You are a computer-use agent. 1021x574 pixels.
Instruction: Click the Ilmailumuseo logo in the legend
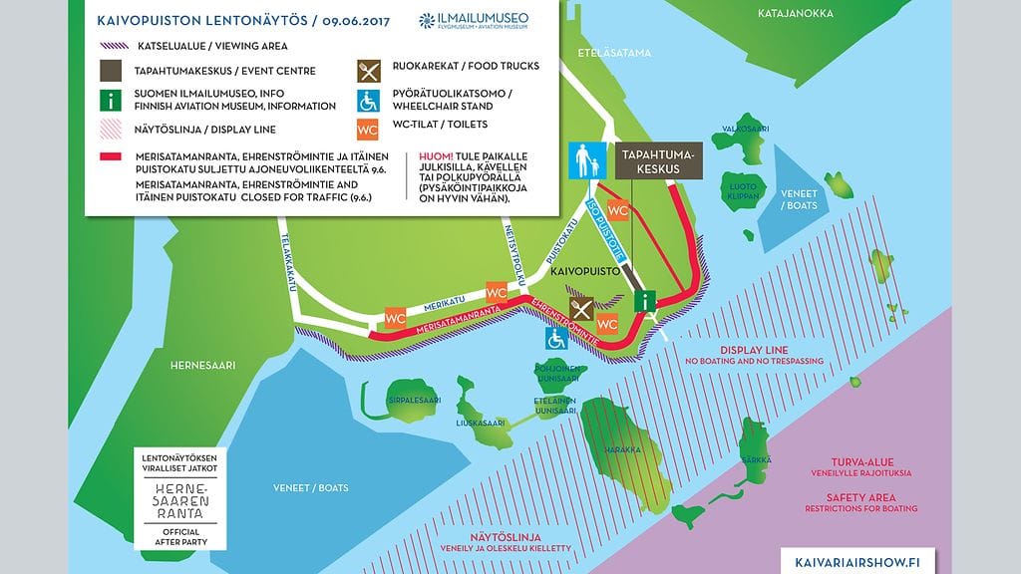[474, 21]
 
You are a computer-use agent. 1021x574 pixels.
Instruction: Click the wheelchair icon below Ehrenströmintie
[555, 339]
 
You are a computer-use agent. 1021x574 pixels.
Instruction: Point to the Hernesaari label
[201, 366]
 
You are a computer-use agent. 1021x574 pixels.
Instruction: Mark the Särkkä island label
[756, 460]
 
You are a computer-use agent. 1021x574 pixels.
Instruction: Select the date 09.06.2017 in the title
[353, 20]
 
